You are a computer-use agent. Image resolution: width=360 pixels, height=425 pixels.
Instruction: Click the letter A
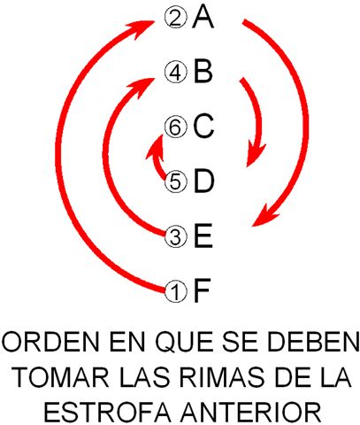point(203,18)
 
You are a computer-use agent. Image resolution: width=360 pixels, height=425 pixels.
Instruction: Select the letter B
point(203,72)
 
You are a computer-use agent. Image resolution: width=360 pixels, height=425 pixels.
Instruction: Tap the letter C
point(203,127)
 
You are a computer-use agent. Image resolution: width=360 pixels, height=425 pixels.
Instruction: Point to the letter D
point(203,181)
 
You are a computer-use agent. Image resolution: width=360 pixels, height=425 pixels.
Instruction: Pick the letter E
point(203,236)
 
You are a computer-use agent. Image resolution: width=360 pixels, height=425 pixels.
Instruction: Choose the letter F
point(202,290)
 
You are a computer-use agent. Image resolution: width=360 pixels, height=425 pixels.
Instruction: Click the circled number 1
point(176,291)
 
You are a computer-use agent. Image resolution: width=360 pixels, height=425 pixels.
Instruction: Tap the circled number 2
point(176,18)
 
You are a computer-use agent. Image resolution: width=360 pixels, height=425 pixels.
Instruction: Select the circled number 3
point(176,236)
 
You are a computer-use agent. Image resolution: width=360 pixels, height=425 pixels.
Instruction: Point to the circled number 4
point(176,73)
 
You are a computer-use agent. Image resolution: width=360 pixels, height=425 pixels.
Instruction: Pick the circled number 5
point(176,182)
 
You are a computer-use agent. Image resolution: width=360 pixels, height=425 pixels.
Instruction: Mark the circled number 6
point(176,127)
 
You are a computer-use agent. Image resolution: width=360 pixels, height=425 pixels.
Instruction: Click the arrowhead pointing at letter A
point(143,28)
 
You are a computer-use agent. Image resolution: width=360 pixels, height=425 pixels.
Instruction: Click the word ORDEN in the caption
point(50,342)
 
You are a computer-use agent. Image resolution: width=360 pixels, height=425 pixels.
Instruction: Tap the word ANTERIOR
point(250,413)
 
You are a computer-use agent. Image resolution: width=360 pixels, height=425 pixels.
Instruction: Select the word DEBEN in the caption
point(312,342)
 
